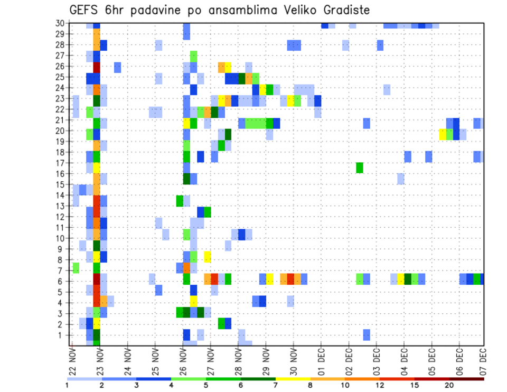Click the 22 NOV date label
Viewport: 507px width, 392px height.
click(72, 362)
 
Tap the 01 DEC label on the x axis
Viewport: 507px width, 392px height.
click(321, 362)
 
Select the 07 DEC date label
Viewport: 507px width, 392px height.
click(483, 362)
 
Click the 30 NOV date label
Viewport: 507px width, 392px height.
click(293, 362)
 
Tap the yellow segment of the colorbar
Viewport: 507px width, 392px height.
click(293, 379)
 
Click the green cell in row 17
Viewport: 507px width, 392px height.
click(360, 167)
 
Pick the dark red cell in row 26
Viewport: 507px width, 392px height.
click(97, 67)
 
